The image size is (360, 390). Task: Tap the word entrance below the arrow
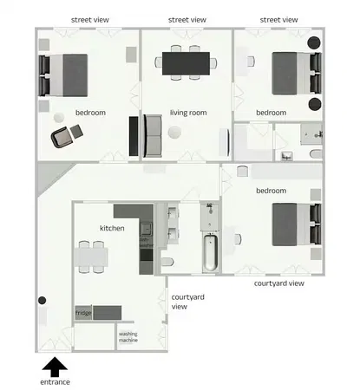click(x=55, y=381)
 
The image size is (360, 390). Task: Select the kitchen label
click(x=112, y=228)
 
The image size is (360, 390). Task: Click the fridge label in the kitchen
click(x=83, y=312)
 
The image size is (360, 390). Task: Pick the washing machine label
click(x=128, y=336)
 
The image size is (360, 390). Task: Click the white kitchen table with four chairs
click(x=92, y=254)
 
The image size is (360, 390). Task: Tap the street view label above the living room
click(x=187, y=19)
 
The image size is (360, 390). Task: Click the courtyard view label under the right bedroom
click(x=278, y=283)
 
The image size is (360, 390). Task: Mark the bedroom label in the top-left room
click(x=90, y=112)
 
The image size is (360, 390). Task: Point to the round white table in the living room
click(x=176, y=132)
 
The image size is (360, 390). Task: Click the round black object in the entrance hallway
click(x=41, y=301)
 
